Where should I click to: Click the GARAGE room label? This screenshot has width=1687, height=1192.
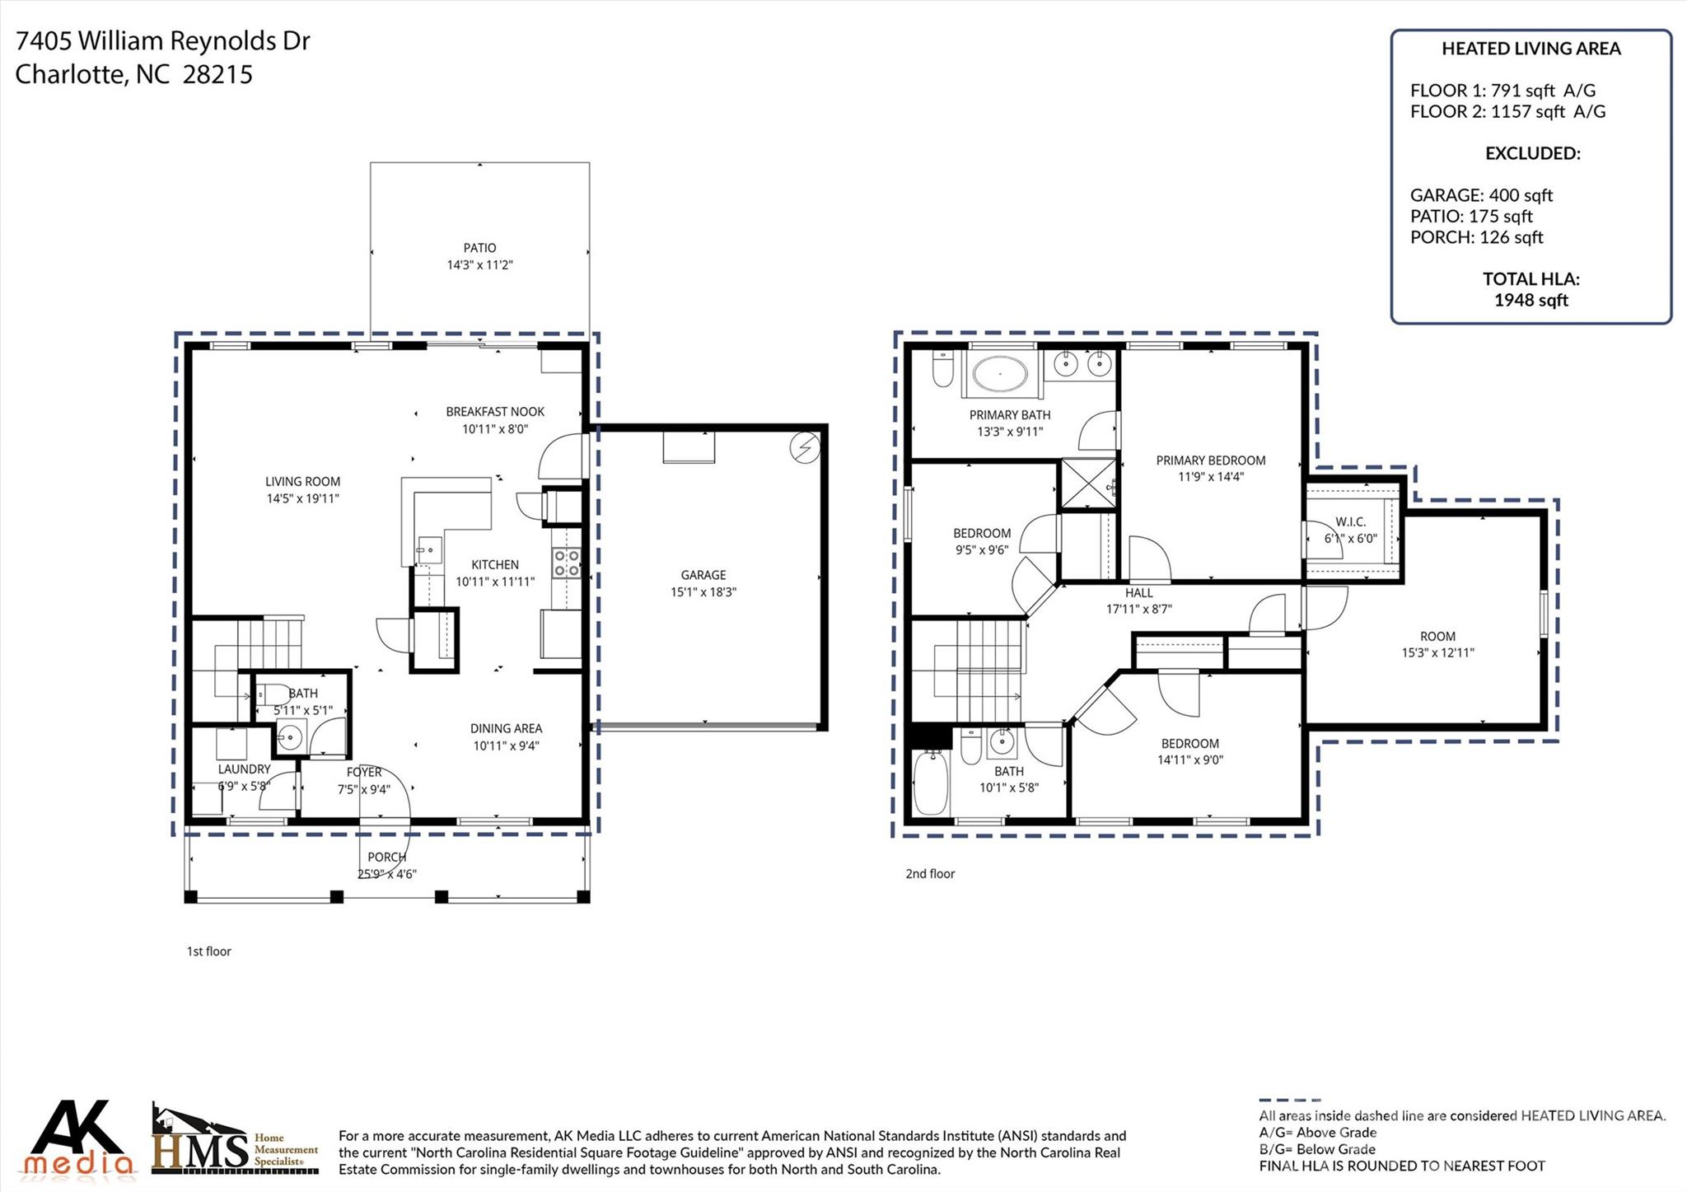click(703, 575)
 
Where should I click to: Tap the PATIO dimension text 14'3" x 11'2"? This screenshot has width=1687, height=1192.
click(479, 264)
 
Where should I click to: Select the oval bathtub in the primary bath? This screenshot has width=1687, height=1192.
click(1000, 374)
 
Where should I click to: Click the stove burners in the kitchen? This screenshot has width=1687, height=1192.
click(567, 563)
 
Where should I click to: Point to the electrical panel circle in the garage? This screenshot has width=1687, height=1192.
click(804, 448)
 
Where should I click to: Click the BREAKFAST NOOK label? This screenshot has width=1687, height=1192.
click(494, 412)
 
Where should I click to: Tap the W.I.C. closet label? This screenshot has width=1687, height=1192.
click(1350, 522)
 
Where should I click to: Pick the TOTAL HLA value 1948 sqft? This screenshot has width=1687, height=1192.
click(1530, 301)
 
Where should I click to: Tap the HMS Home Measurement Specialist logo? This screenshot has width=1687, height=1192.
click(235, 1141)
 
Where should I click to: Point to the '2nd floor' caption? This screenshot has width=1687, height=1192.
click(930, 874)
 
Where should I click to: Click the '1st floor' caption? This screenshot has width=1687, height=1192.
click(208, 951)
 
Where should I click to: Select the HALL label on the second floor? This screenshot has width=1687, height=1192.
click(1138, 592)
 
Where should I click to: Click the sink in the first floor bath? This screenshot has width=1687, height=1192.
click(289, 736)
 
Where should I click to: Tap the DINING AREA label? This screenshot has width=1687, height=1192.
click(506, 728)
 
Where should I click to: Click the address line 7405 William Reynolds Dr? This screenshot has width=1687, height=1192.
click(162, 41)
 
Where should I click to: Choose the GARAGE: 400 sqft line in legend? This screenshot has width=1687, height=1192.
click(1480, 195)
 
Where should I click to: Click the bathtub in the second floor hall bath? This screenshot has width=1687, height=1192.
click(931, 783)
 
